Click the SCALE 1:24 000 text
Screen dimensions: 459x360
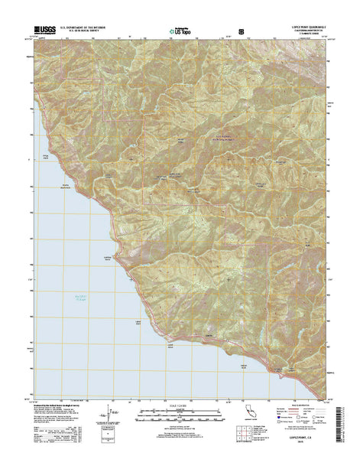(180, 405)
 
